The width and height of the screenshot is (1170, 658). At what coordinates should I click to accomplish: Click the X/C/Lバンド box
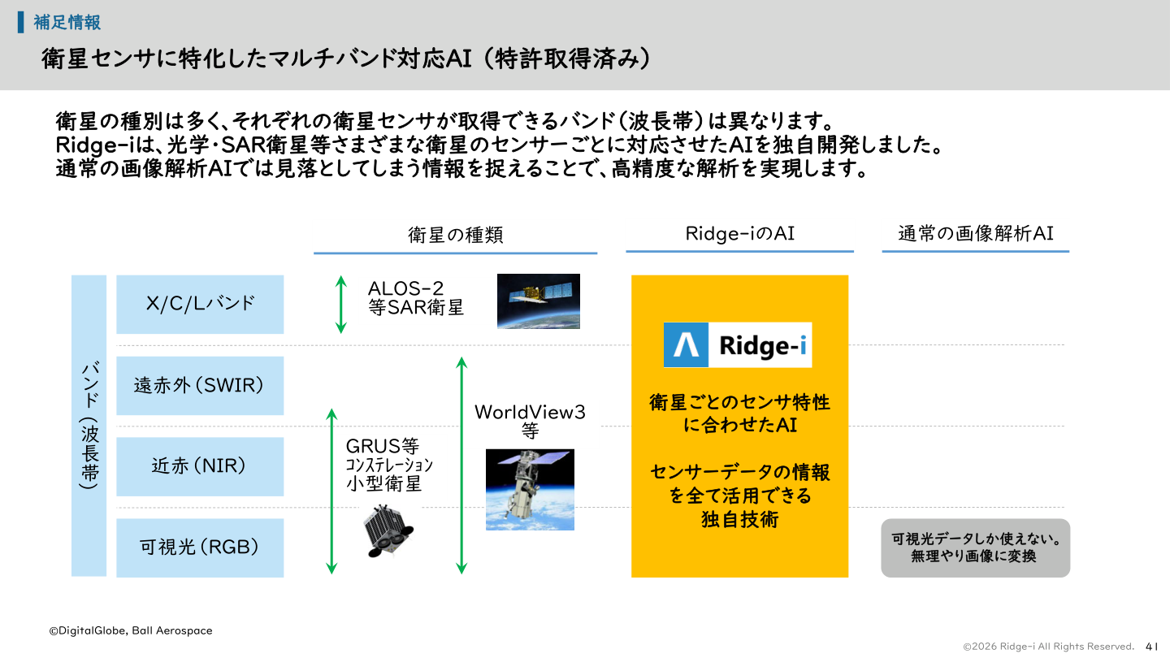click(200, 304)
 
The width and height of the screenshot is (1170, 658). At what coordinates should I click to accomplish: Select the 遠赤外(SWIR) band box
click(200, 385)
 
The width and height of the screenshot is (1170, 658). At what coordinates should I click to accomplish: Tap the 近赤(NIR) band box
click(200, 466)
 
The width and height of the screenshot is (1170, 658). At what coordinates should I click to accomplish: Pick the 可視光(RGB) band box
click(200, 548)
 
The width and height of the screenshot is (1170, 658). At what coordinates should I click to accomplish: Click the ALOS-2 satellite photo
click(539, 301)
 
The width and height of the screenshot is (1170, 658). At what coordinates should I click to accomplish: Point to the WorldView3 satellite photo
click(530, 489)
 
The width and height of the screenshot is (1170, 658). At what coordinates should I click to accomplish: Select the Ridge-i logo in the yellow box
click(738, 345)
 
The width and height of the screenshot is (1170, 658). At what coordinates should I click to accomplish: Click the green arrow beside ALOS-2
click(341, 304)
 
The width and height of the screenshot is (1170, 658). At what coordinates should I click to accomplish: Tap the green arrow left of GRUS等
click(331, 491)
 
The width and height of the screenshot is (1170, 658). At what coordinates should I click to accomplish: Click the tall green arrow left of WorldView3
click(461, 465)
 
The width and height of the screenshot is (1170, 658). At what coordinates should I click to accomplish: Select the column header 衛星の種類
click(455, 235)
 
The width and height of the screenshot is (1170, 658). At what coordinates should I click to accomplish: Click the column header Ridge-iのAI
click(739, 234)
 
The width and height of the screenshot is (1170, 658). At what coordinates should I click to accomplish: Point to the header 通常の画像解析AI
click(975, 234)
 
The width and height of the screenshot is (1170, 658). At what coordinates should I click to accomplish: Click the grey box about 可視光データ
click(975, 548)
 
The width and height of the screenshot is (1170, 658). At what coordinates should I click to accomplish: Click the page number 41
click(1151, 646)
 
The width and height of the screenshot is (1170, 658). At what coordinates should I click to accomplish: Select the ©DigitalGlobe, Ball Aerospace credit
click(130, 630)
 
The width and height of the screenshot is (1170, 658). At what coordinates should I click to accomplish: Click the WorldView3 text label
click(530, 412)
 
